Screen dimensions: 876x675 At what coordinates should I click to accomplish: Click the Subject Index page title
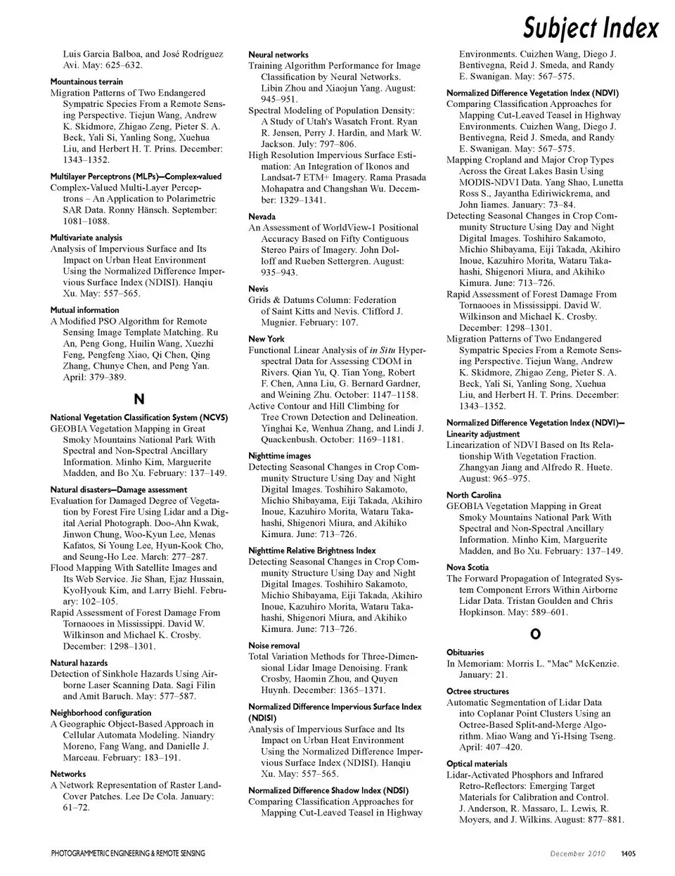coord(591,29)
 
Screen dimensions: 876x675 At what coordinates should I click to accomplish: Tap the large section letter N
coord(139,399)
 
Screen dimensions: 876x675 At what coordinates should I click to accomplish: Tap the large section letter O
coord(535,634)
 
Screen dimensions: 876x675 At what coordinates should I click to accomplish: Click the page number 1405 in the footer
coord(628,854)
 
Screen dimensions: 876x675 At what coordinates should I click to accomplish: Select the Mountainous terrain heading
coord(86,82)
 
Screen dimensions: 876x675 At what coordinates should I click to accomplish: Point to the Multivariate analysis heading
coord(86,238)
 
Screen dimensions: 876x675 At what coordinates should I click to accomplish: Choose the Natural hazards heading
coord(79,663)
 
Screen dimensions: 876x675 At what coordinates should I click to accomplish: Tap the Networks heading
coord(68,774)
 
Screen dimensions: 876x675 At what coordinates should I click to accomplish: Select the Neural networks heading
coord(278,55)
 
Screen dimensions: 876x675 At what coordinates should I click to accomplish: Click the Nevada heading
coord(262,217)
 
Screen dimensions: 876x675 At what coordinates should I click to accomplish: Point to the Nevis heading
coord(258,289)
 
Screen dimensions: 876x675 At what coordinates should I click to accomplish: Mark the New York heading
coord(266,339)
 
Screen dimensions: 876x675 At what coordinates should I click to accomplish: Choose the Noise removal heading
coord(274,645)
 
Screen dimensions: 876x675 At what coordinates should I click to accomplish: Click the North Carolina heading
coord(474,495)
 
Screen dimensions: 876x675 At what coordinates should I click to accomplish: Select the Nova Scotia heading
coord(468,567)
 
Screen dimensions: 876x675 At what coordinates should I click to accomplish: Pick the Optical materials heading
coord(477,764)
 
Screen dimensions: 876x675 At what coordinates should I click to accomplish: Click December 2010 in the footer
coord(577,854)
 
